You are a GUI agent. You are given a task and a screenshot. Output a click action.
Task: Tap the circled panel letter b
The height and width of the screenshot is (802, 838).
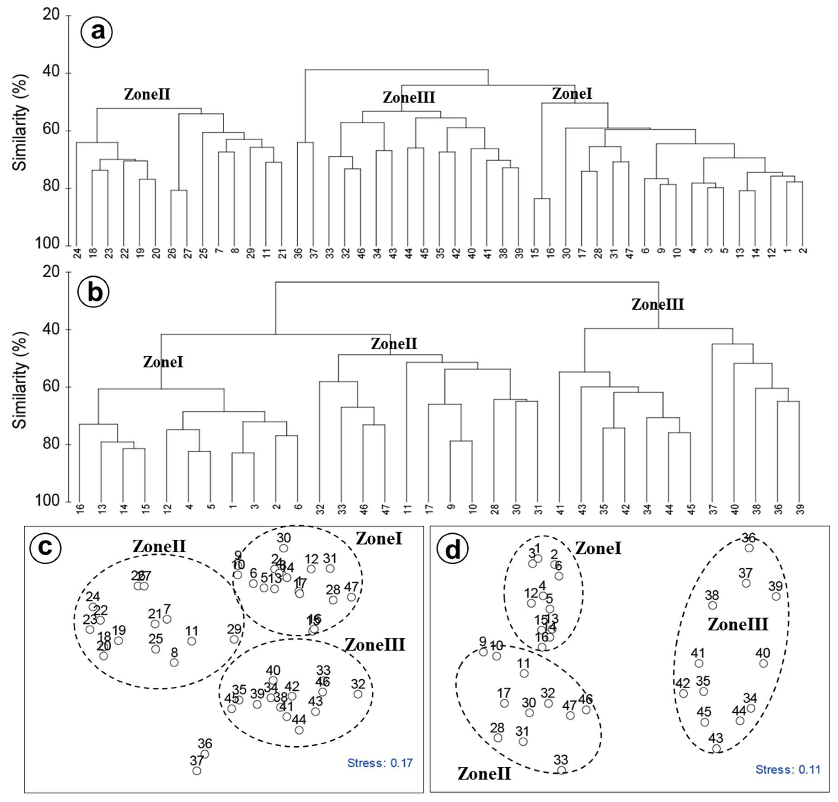coord(94,293)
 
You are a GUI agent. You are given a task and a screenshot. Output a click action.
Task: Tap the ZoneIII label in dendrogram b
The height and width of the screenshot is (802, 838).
coord(658,304)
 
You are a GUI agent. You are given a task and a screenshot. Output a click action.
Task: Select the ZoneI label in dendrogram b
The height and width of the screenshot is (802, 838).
coord(163,362)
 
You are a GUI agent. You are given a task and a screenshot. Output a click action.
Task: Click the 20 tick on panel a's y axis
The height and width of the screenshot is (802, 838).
coord(51,15)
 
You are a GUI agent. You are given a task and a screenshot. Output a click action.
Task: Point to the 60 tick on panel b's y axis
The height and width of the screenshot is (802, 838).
coord(51,387)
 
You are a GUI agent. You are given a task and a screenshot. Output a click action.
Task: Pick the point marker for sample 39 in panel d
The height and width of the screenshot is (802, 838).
coord(776,596)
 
